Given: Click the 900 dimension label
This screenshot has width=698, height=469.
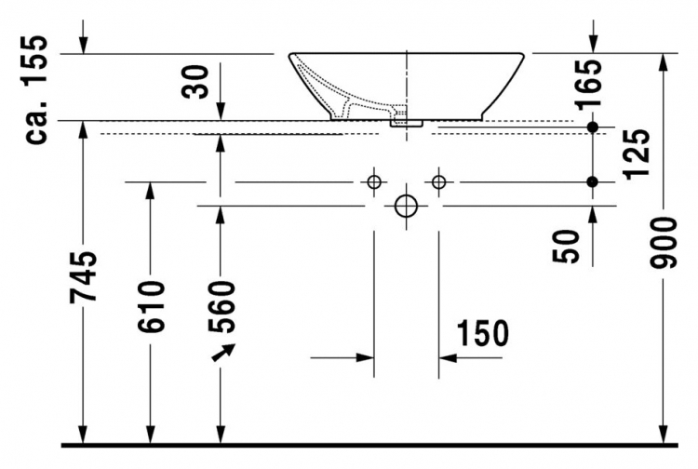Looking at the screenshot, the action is tap(663, 243).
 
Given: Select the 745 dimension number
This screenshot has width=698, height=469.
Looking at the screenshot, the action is tap(83, 277).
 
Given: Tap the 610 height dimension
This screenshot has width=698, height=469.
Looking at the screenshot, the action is tap(151, 306).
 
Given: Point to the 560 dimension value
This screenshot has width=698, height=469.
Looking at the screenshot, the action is tap(221, 306).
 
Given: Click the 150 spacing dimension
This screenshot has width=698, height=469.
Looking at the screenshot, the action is tap(482, 333).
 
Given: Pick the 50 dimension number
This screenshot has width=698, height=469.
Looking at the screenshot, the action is tap(566, 246).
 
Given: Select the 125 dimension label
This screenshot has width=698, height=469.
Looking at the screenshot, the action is tap(637, 154).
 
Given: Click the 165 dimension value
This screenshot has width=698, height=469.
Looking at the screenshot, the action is tap(588, 85).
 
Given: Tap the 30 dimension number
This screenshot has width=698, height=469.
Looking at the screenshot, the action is tap(195, 82).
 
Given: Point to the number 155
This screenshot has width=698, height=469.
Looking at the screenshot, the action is tap(34, 60).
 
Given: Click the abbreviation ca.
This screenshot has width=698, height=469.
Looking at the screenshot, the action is tap(36, 122).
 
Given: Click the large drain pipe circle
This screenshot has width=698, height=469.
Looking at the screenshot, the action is tap(406, 206).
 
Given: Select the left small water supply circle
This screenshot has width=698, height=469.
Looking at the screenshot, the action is tap(374, 182).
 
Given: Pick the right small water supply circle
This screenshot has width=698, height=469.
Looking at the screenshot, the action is tap(439, 182).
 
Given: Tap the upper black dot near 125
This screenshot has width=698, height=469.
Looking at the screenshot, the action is tap(592, 127).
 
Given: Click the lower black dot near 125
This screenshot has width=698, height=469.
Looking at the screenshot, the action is tap(592, 182).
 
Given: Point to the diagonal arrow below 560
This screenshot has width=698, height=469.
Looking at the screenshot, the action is tap(223, 352).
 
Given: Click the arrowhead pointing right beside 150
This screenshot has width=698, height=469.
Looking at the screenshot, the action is tap(365, 357).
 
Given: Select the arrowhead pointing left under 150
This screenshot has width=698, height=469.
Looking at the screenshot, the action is tap(448, 357).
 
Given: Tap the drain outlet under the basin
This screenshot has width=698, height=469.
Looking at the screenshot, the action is tap(406, 123).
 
